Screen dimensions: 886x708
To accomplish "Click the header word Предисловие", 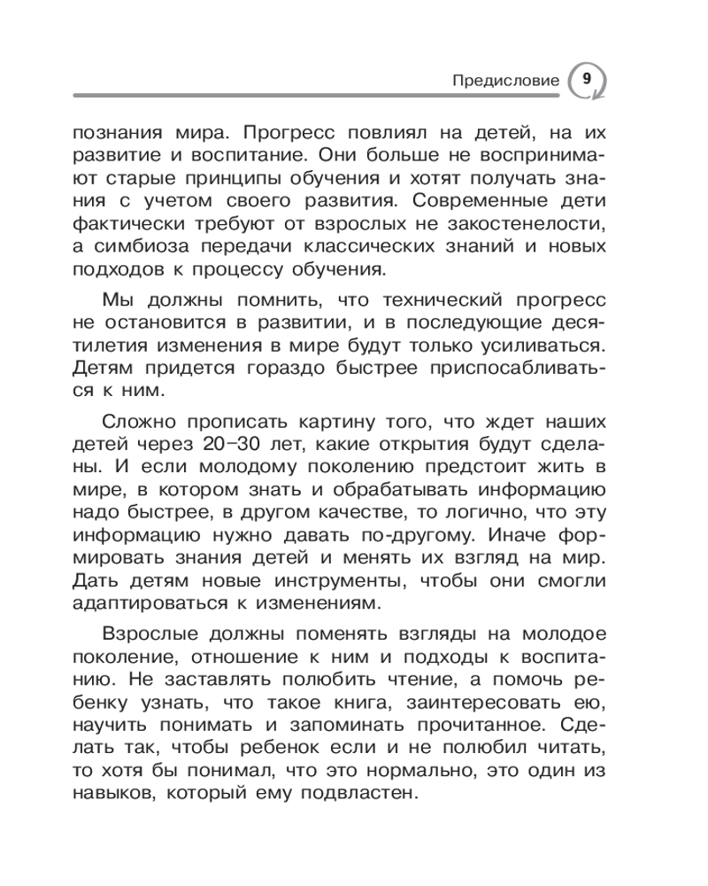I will tap(506, 81).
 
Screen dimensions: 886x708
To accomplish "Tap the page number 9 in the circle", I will tap(586, 79).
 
